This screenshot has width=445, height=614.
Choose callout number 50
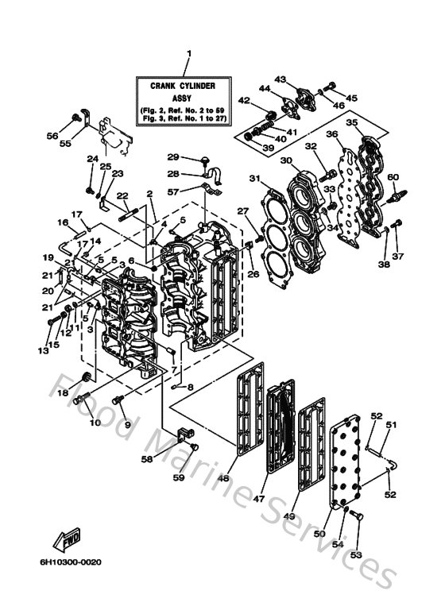319,535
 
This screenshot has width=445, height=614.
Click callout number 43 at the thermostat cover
280,79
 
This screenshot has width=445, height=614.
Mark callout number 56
52,136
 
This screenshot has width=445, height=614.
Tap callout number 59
179,477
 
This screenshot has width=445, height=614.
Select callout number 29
172,156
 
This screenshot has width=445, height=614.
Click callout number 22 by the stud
122,195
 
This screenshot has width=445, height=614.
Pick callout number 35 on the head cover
351,123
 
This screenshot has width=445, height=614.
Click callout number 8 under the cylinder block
189,387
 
